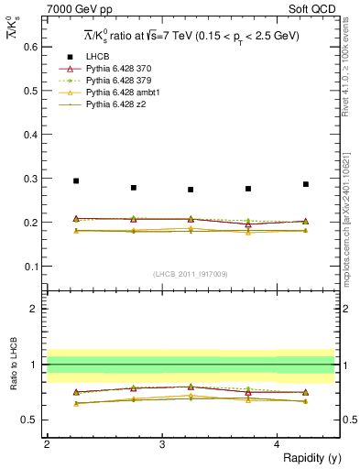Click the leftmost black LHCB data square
pyautogui.click(x=76, y=181)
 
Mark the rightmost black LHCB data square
pyautogui.click(x=306, y=184)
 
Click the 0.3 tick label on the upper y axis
pyautogui.click(x=34, y=179)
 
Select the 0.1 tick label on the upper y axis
pyautogui.click(x=34, y=267)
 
